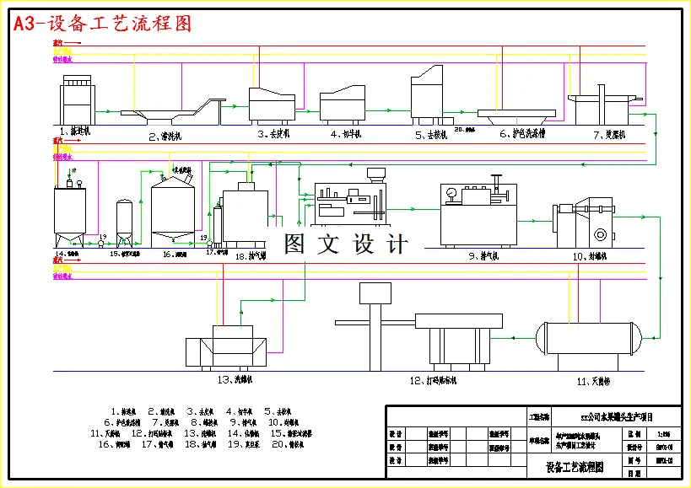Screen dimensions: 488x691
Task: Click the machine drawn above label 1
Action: pyautogui.click(x=78, y=99)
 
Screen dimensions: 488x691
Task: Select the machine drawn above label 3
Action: pyautogui.click(x=272, y=103)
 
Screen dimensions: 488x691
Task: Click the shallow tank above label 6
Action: pyautogui.click(x=514, y=113)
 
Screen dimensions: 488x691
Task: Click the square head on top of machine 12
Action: pyautogui.click(x=376, y=293)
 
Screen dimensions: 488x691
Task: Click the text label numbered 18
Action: pyautogui.click(x=251, y=255)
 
